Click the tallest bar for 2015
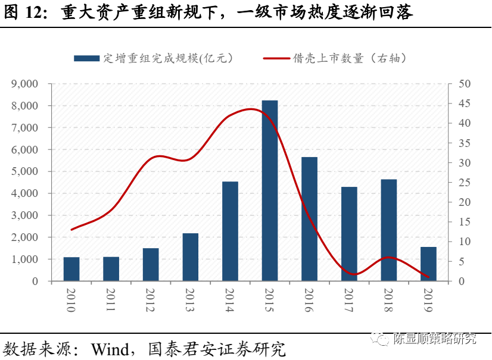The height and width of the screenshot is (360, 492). (x=269, y=190)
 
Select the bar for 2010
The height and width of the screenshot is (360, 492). (x=71, y=269)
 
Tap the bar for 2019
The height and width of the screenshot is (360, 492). (x=428, y=264)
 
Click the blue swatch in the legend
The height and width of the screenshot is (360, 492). (x=87, y=58)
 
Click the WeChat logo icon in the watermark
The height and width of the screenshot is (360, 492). (x=379, y=339)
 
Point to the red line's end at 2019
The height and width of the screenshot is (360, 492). (x=429, y=277)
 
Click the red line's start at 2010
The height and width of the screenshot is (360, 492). (x=71, y=230)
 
